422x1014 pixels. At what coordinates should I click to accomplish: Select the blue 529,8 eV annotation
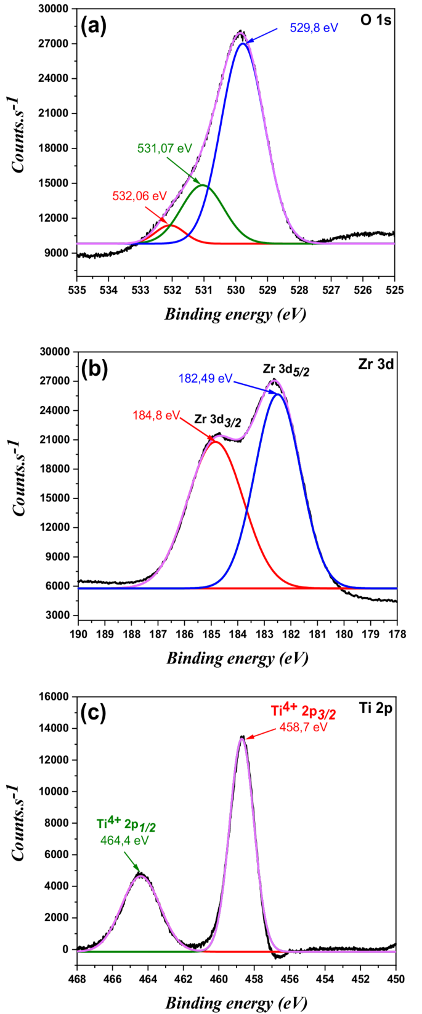pos(314,28)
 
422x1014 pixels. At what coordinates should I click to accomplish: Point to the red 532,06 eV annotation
pos(139,196)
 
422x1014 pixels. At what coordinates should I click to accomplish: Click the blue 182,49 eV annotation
pos(205,378)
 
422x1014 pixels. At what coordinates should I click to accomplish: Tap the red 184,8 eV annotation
pos(156,415)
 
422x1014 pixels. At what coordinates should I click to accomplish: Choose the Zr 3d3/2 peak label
pos(219,419)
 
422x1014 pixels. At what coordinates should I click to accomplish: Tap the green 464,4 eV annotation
pos(124,840)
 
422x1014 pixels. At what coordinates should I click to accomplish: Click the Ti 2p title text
pos(376,708)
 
